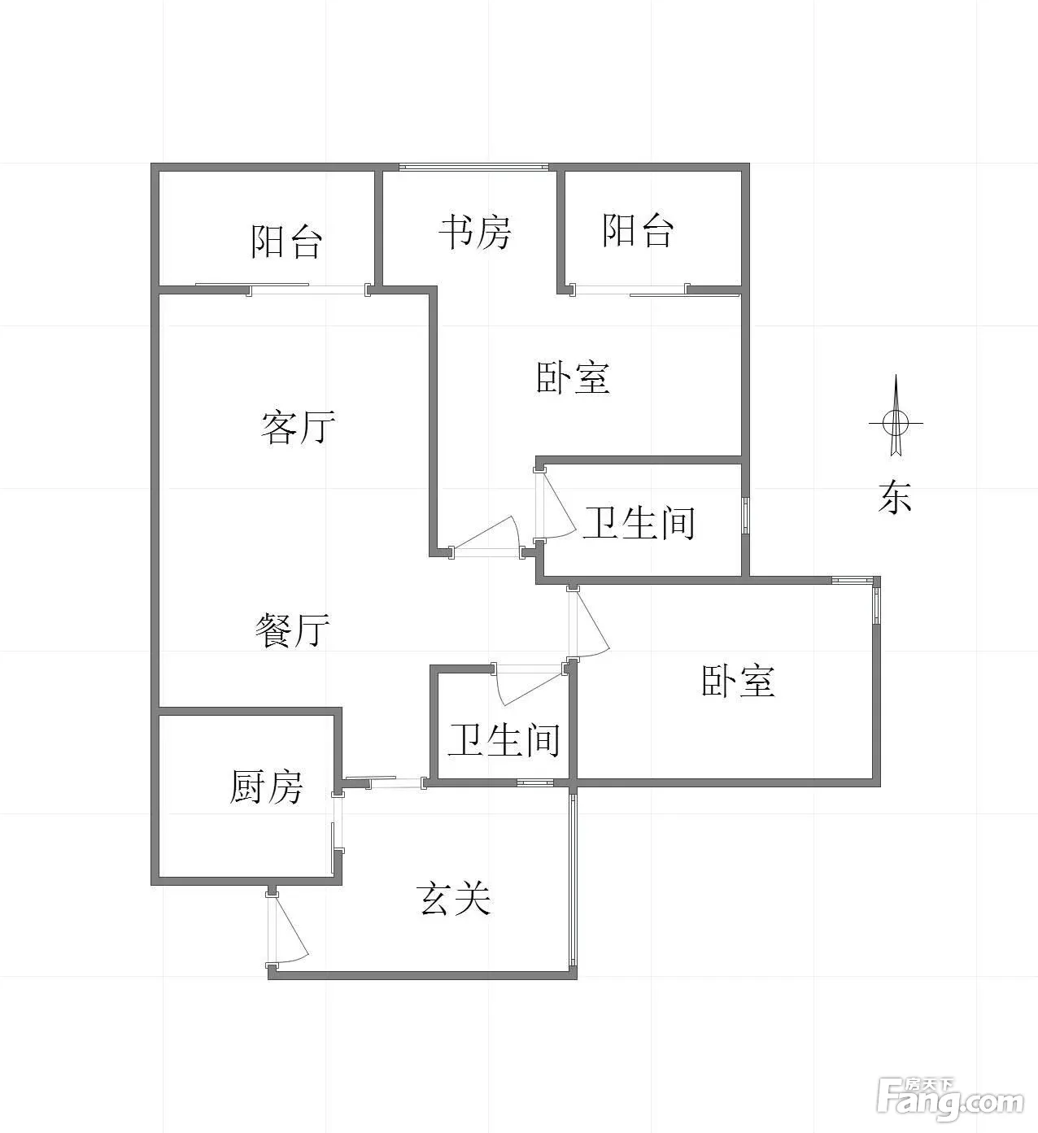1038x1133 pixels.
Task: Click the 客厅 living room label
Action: [x=298, y=427]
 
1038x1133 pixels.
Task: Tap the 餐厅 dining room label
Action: [x=292, y=630]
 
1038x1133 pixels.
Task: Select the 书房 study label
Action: [x=475, y=233]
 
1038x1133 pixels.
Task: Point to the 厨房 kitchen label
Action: [x=266, y=787]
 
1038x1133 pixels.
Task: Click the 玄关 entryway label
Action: [x=455, y=899]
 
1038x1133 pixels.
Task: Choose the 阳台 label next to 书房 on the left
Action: [x=286, y=242]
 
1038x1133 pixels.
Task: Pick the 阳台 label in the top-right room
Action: [x=639, y=231]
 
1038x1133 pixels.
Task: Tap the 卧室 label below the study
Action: [x=574, y=378]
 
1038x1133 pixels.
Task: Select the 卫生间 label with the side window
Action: [x=639, y=522]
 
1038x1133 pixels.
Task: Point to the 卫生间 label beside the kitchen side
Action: [x=504, y=740]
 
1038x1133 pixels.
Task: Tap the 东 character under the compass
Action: [x=894, y=497]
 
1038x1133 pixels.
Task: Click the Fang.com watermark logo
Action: [x=951, y=1100]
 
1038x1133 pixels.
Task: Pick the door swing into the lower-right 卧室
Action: [x=589, y=622]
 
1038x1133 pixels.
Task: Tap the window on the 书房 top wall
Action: [x=473, y=168]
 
